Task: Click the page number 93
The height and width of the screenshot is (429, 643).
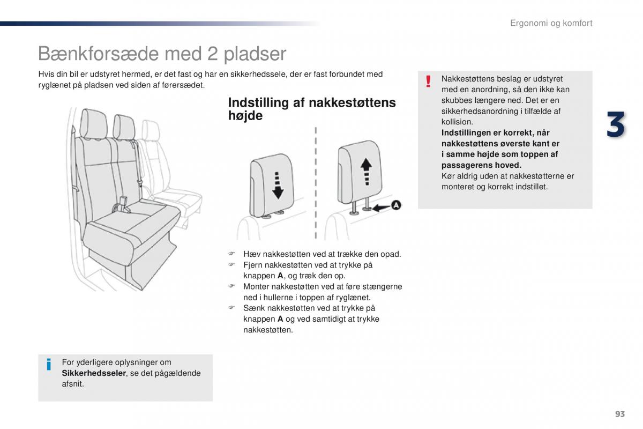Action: (620, 413)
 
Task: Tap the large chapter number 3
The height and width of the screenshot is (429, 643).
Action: (616, 124)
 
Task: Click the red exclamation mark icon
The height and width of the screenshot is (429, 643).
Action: (428, 82)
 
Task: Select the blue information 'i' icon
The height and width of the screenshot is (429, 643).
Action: (49, 365)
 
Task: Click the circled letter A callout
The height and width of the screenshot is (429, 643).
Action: (395, 205)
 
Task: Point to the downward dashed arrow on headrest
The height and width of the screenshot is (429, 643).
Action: (277, 184)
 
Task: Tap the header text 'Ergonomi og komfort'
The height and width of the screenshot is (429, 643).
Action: (551, 23)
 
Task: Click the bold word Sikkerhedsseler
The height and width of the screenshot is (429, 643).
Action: (94, 373)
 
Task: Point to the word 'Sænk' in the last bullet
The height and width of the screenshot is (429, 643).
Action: (253, 308)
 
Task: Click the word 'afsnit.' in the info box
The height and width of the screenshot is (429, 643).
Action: (73, 384)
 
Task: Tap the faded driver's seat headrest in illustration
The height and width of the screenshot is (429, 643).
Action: (152, 129)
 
